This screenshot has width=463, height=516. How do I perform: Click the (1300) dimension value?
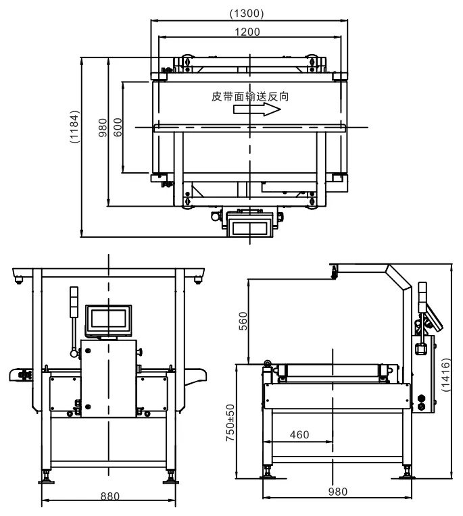pos(247,13)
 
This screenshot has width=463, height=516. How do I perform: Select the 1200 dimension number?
pos(248,31)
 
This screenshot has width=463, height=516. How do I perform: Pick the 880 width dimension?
pos(109,496)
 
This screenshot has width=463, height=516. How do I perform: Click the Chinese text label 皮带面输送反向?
pos(251,97)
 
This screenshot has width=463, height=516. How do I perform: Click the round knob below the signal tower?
pos(72,351)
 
